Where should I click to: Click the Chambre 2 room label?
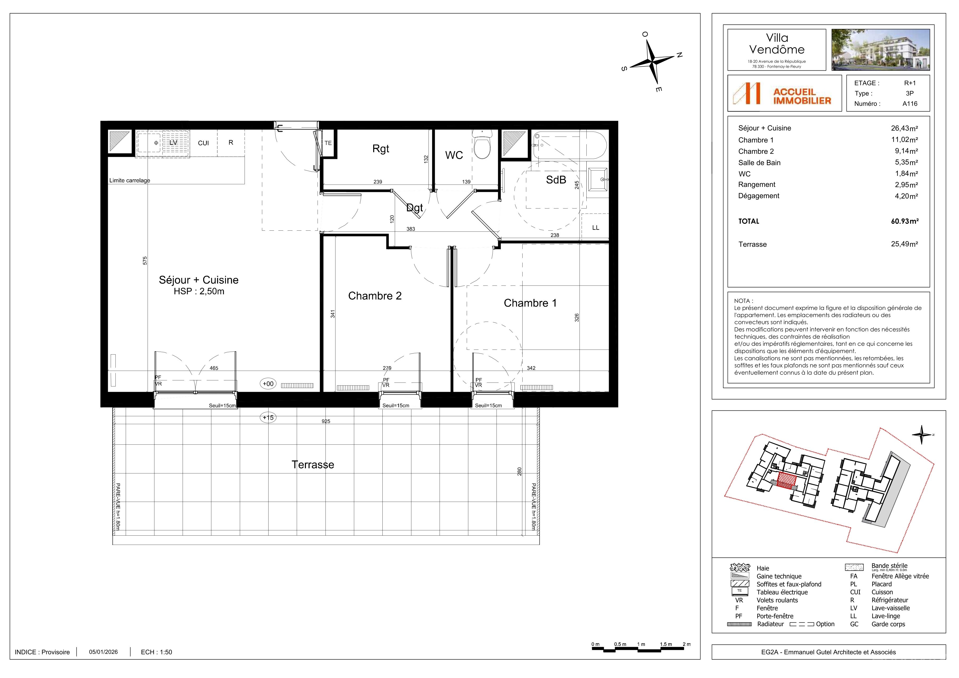coord(375,296)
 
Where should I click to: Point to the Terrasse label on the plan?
coord(313,464)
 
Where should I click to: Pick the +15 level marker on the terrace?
coord(268,417)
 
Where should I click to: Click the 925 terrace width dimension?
coord(326,421)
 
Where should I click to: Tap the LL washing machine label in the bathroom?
coord(596,228)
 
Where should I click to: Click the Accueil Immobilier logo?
coord(784,93)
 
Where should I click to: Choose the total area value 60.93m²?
coord(905,221)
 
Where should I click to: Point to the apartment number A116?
coord(910,104)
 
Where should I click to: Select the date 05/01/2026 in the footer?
coord(103,652)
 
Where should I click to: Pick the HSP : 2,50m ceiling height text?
coord(199,292)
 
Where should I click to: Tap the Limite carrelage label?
coord(129,181)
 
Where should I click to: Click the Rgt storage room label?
coord(381,149)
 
